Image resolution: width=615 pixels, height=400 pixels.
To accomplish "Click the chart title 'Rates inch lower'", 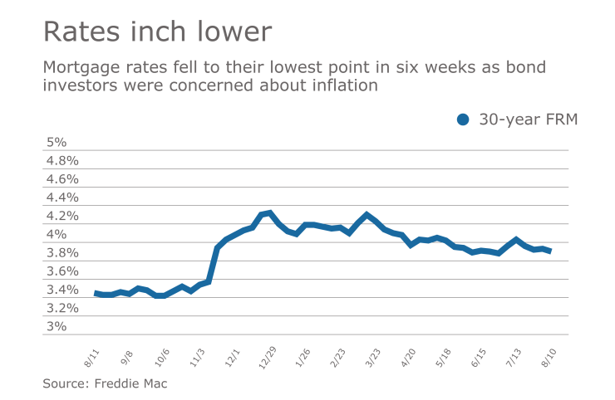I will (157, 32).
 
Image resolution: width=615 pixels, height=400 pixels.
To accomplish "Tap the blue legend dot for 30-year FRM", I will (464, 120).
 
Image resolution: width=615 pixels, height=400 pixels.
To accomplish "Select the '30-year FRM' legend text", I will (528, 120).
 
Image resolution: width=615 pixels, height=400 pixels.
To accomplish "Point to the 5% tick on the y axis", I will (56, 142).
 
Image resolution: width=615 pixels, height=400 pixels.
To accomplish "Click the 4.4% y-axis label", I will (61, 198).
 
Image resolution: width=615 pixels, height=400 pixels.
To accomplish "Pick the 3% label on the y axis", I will (56, 326).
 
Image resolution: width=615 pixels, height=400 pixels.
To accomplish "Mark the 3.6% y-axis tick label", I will (61, 271).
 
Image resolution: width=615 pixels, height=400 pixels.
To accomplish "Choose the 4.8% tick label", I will (61, 160).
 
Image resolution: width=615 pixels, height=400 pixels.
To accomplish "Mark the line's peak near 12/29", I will (269, 213).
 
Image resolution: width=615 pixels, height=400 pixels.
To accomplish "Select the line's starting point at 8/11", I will (96, 293).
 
